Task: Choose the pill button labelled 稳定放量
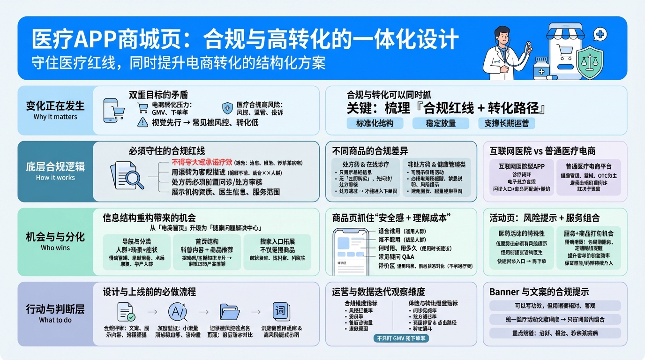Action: point(434,123)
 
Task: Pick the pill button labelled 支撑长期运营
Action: point(506,123)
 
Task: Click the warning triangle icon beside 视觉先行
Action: point(142,122)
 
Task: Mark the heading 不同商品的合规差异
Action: point(370,151)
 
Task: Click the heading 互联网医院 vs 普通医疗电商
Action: point(542,151)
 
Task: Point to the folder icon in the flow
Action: point(229,312)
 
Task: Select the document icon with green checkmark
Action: point(126,312)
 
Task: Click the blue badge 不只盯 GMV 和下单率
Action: point(402,338)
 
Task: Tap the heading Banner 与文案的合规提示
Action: point(539,292)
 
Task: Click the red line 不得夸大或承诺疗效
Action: point(202,162)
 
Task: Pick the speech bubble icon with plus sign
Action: point(600,34)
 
